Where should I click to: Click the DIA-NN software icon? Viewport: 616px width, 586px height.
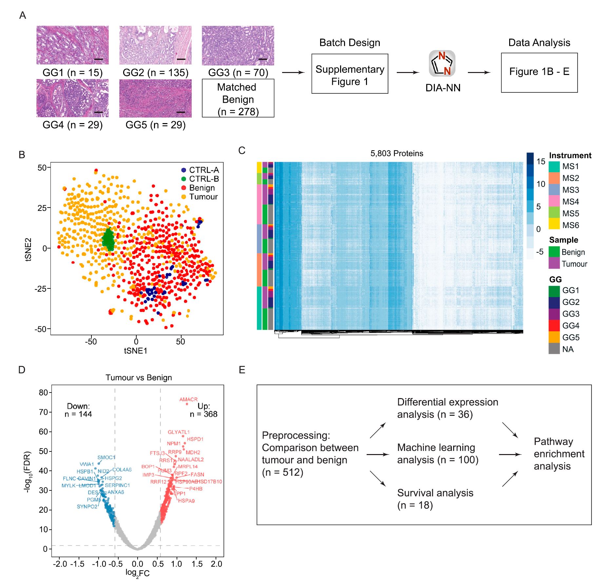click(442, 63)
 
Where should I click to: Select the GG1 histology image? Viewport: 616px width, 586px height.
click(72, 45)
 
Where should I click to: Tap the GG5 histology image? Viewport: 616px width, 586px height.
click(155, 98)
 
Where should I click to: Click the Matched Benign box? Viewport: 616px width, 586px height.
click(238, 98)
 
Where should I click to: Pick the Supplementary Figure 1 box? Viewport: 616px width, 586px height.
click(350, 74)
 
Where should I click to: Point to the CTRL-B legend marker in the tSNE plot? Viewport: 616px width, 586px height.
click(183, 179)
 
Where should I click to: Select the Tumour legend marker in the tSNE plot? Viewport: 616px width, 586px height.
click(183, 197)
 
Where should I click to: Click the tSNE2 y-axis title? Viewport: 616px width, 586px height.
click(29, 249)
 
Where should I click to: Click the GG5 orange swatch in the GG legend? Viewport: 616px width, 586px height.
click(554, 337)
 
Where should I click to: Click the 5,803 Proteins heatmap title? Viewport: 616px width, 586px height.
click(396, 154)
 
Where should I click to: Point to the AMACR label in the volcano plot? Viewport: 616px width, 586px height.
click(188, 399)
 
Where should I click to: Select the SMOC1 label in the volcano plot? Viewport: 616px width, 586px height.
click(106, 457)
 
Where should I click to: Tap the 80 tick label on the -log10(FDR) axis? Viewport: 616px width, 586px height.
click(44, 393)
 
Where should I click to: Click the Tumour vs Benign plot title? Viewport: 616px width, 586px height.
click(139, 377)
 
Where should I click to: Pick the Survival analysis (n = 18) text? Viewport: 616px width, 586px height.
click(435, 499)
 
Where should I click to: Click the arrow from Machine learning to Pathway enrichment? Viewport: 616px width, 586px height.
click(510, 454)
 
